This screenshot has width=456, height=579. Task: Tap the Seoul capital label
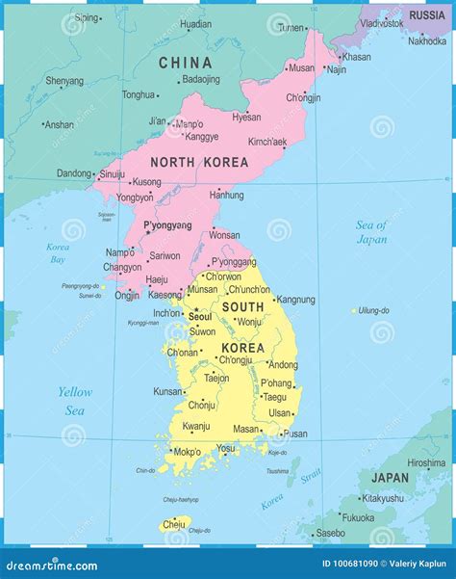(200, 316)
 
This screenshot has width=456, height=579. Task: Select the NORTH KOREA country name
(198, 163)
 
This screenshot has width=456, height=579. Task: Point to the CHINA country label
(185, 63)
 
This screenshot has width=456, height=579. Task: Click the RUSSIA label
(426, 15)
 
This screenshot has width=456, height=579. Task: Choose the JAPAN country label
(390, 477)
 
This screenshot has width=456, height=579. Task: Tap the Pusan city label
(294, 434)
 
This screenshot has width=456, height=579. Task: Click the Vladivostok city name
(381, 22)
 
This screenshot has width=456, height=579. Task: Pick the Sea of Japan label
(371, 232)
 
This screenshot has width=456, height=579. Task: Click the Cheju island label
(173, 524)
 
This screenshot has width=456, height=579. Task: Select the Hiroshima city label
(426, 462)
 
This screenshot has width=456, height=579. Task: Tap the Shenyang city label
(64, 81)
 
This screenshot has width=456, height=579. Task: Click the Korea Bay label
(58, 253)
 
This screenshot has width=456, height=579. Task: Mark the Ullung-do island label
(373, 310)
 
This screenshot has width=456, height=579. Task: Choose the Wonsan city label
(224, 235)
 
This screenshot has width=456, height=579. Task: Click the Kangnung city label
(295, 300)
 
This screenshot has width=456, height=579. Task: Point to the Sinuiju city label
(113, 173)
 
